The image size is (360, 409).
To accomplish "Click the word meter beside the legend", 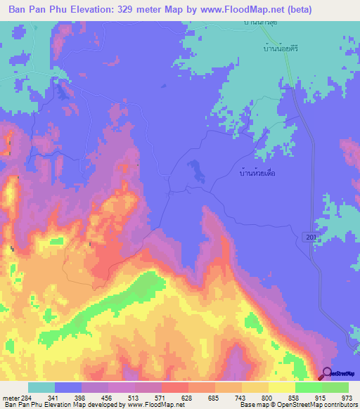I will click(x=10, y=398).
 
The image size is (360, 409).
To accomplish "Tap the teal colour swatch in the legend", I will click(x=41, y=388).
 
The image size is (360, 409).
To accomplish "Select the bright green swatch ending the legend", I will click(x=335, y=388).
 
